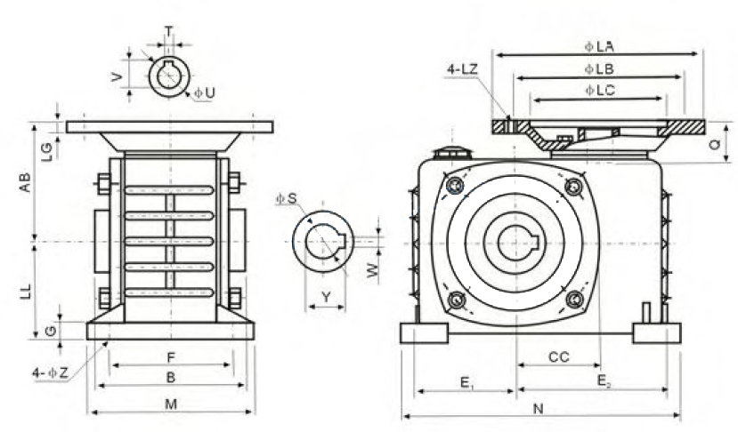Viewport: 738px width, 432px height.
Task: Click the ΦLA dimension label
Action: click(599, 46)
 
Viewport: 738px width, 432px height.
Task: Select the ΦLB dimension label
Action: click(599, 69)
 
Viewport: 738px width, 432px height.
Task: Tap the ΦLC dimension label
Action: click(600, 90)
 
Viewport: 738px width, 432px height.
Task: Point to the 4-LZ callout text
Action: click(463, 69)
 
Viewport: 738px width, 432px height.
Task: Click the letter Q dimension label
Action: click(715, 144)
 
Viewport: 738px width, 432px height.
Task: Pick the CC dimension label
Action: click(559, 357)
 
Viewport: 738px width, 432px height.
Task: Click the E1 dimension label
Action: click(466, 384)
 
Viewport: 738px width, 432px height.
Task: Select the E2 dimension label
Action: click(604, 381)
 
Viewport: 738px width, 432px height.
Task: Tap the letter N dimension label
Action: click(538, 409)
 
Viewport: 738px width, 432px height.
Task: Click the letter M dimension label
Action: click(171, 404)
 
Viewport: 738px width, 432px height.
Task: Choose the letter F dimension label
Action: click(171, 357)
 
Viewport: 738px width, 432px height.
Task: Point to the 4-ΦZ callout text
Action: click(51, 373)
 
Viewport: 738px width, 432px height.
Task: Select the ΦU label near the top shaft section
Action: click(205, 92)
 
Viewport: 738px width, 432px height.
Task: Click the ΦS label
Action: click(287, 199)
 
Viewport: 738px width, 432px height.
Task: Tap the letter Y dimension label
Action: click(326, 297)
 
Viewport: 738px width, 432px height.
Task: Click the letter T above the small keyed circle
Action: click(168, 31)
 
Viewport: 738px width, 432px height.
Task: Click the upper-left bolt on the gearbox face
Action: click(455, 185)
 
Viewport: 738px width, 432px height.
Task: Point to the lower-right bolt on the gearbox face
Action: click(575, 299)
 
